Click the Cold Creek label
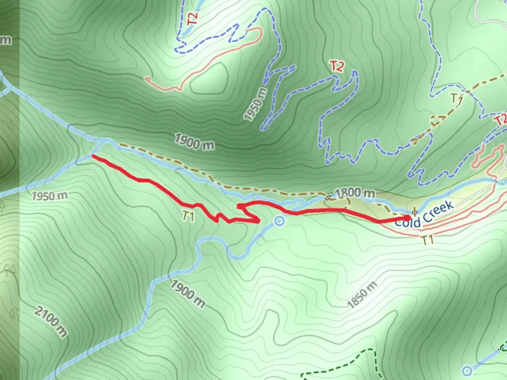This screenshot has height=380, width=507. [424, 215]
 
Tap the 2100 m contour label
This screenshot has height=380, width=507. [51, 322]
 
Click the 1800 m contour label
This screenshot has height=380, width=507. [354, 192]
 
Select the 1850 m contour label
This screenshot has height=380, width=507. [362, 295]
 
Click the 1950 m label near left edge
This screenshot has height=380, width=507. [49, 195]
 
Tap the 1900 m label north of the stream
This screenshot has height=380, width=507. [194, 142]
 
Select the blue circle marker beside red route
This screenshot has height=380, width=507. [280, 221]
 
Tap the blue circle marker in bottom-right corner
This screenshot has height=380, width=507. [467, 370]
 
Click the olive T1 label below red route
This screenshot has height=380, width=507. [189, 217]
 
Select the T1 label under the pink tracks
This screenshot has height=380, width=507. [427, 240]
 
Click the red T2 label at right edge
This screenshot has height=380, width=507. [501, 120]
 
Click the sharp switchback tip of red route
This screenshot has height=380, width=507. [259, 221]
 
